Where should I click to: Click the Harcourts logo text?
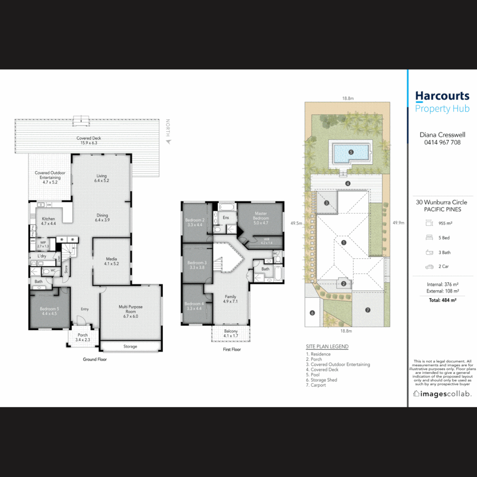pyautogui.click(x=442, y=96)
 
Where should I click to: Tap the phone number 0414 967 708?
pyautogui.click(x=442, y=142)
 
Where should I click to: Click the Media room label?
pyautogui.click(x=111, y=261)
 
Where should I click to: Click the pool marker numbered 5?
pyautogui.click(x=351, y=152)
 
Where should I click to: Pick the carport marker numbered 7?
pyautogui.click(x=367, y=310)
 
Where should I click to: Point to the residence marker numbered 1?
pyautogui.click(x=344, y=242)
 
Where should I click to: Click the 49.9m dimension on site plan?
pyautogui.click(x=398, y=223)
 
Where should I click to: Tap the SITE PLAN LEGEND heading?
pyautogui.click(x=327, y=347)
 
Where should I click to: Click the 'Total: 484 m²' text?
pyautogui.click(x=442, y=300)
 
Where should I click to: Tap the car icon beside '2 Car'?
pyautogui.click(x=429, y=267)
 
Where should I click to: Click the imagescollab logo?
pyautogui.click(x=442, y=394)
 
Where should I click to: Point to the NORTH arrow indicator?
pyautogui.click(x=168, y=141)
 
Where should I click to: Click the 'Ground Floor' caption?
pyautogui.click(x=95, y=360)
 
